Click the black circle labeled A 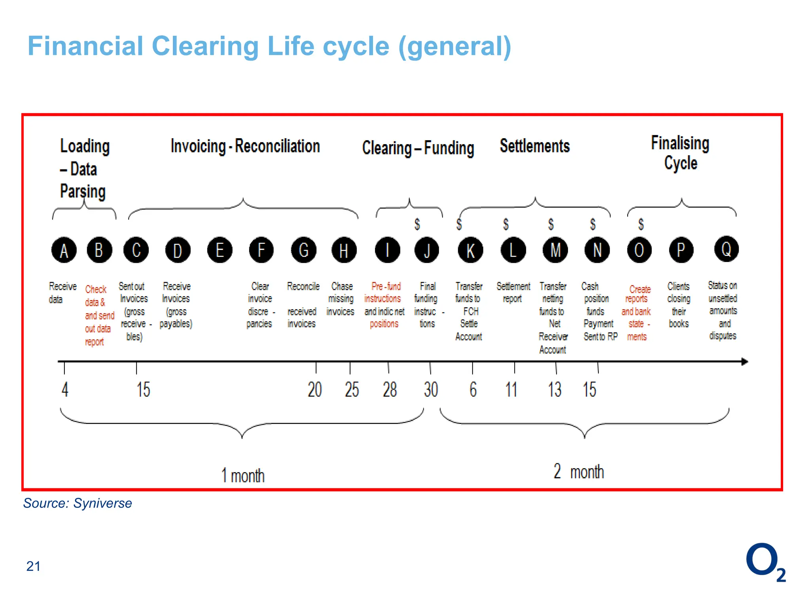64,250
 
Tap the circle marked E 220,250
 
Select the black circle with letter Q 726,249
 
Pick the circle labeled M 555,250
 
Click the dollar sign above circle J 417,224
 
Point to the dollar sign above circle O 641,224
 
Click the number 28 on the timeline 390,389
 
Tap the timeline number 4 65,389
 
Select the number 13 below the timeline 555,389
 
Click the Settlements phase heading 535,146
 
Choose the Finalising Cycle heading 680,153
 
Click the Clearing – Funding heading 418,148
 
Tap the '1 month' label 242,475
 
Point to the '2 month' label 579,471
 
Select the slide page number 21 33,566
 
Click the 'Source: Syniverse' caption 78,503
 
